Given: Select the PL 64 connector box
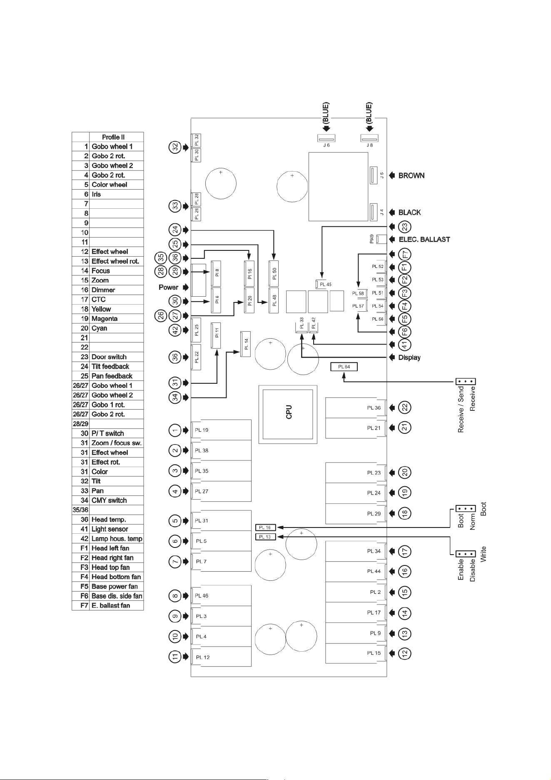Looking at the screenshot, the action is [344, 367].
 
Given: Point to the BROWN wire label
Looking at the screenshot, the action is [411, 175].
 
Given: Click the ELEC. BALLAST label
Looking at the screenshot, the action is [424, 239].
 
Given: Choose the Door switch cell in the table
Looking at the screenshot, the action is [109, 357].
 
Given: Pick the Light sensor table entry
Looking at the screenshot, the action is [110, 529].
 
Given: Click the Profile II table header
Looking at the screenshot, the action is [113, 137].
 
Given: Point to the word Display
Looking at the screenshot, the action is [409, 357].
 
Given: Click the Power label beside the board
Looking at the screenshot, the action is [168, 287].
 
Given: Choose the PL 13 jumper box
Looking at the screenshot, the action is [265, 537].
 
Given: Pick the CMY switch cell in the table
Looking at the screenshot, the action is [109, 500].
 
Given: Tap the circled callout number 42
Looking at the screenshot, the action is [175, 330].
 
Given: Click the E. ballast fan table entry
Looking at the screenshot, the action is [111, 605].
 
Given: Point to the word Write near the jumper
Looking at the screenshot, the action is [483, 554].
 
